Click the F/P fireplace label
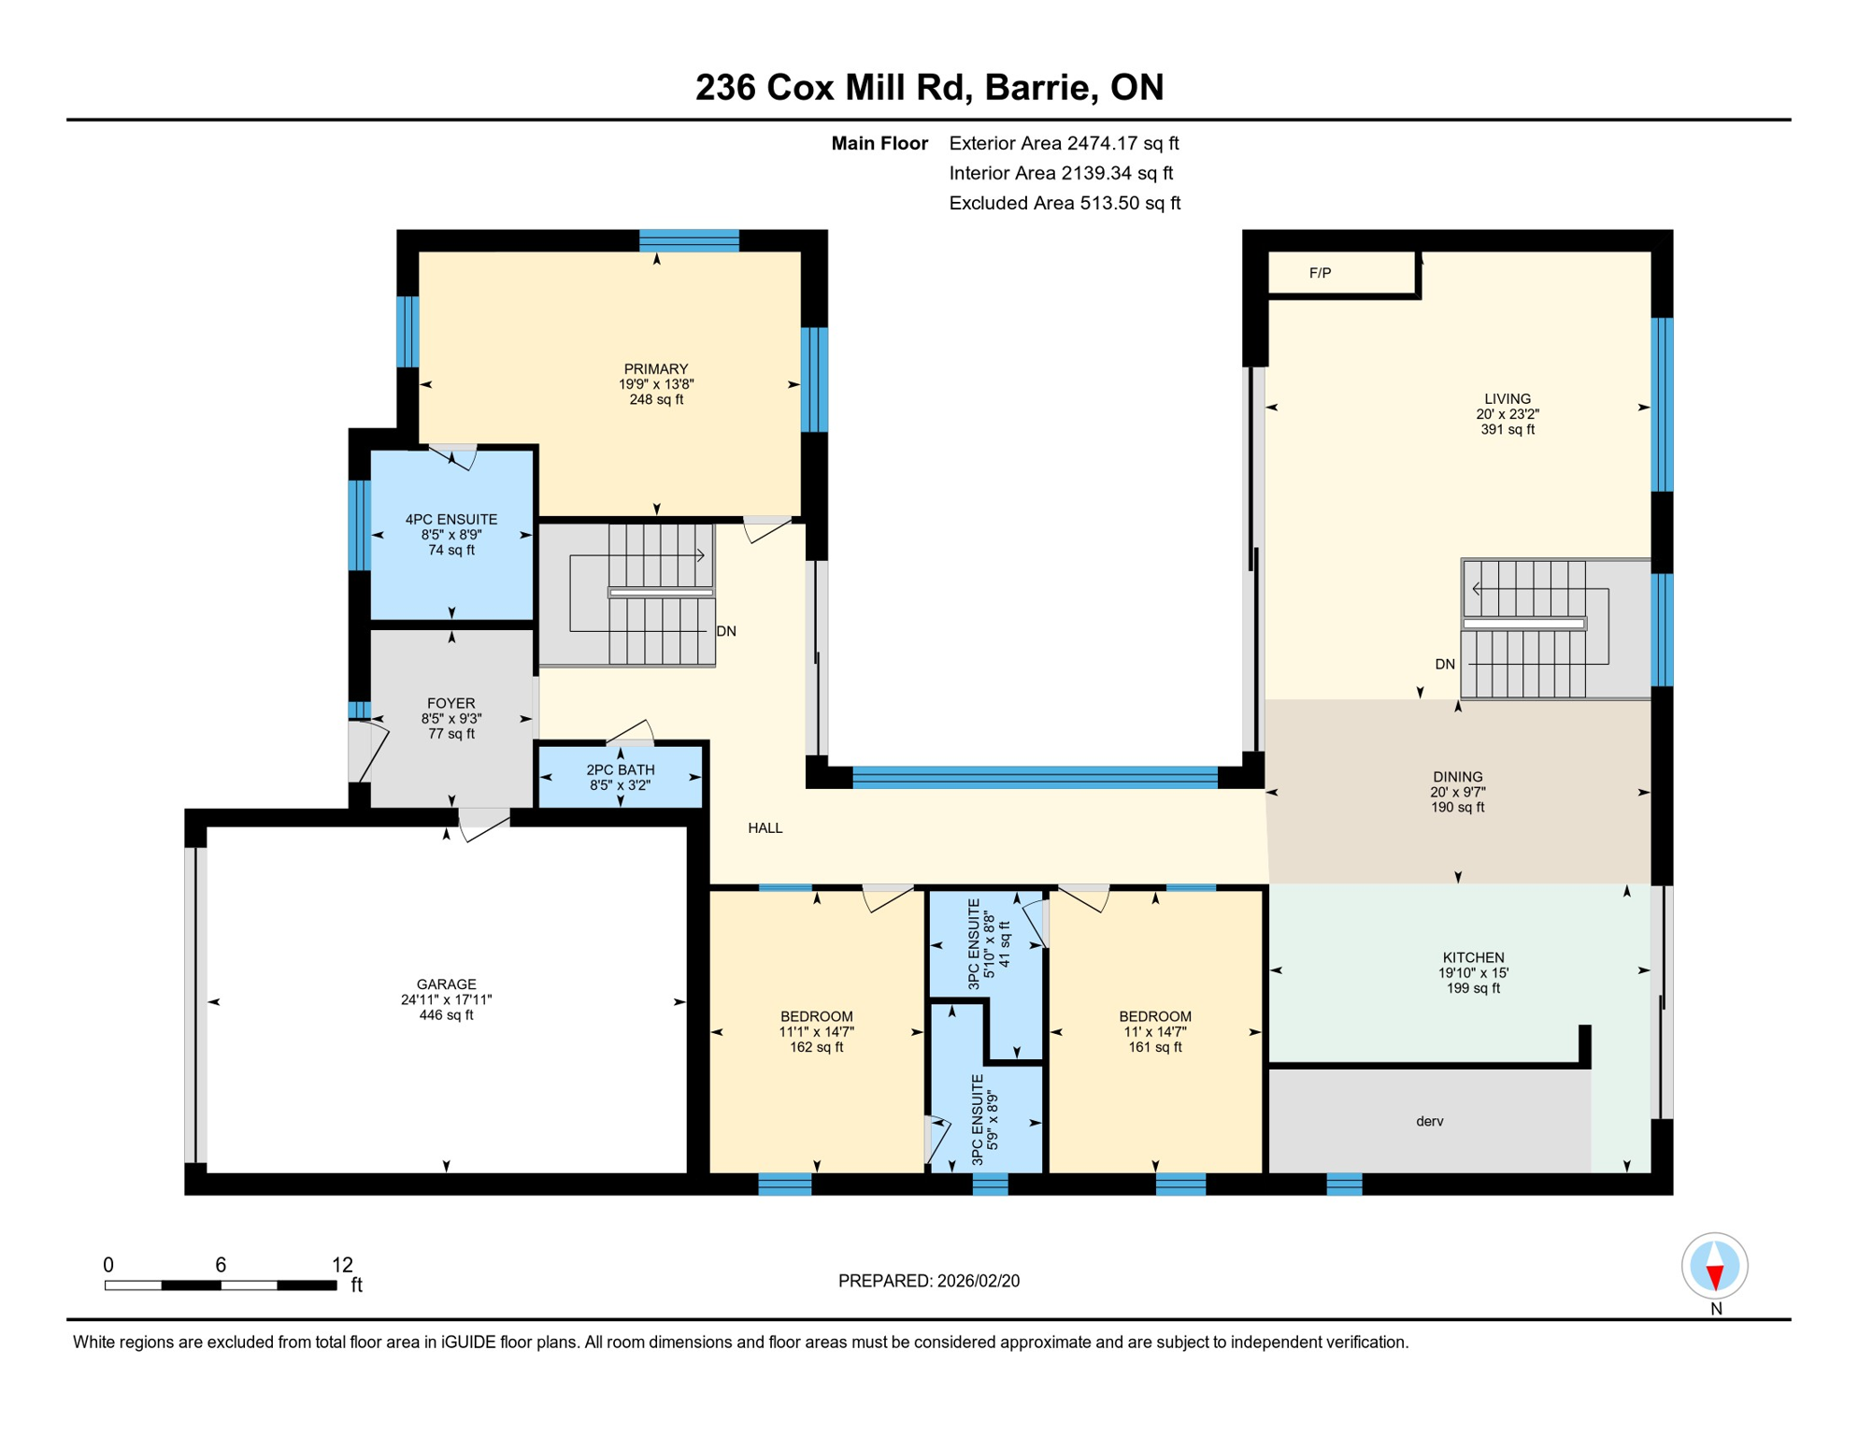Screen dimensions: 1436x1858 coord(1320,273)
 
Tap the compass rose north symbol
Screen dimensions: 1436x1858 coord(1714,1267)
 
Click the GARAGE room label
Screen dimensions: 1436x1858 coord(446,984)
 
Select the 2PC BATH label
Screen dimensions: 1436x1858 coord(620,770)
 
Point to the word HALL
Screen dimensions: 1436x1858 coord(765,828)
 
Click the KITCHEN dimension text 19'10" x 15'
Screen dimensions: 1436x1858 coord(1473,973)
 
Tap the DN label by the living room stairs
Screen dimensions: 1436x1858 coord(1445,665)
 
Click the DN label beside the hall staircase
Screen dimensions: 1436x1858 coord(726,632)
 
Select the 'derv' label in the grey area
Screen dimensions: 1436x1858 coord(1429,1122)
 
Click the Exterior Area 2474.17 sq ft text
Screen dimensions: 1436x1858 coord(1064,143)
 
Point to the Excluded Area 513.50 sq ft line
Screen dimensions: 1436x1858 coord(1064,203)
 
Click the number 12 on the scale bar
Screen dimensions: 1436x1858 coord(342,1265)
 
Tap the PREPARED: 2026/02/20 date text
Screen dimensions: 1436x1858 coord(928,1281)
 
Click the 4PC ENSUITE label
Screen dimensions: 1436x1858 coord(451,520)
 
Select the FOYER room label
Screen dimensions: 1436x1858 coord(450,703)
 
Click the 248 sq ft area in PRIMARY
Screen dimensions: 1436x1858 coord(656,400)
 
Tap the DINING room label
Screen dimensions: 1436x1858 coord(1457,777)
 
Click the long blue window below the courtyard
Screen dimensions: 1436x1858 coord(1035,777)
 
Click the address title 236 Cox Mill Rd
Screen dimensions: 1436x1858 coord(929,87)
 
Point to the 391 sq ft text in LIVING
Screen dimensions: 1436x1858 coord(1507,430)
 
